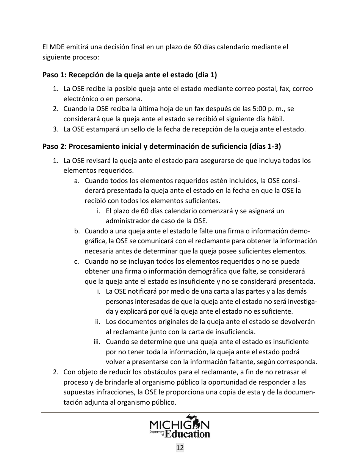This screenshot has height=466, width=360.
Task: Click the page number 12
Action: pos(180,448)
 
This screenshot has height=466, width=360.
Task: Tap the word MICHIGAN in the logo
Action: pos(180,424)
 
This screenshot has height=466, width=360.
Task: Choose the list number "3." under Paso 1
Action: pos(55,129)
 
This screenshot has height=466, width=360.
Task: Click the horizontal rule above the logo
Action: pos(180,412)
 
